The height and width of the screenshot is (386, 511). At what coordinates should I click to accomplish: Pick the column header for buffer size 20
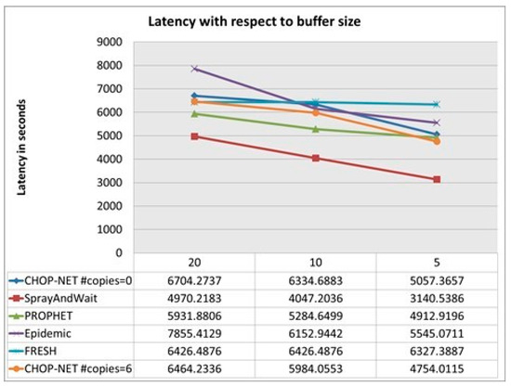click(x=193, y=264)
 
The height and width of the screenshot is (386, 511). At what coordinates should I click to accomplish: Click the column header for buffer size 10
click(x=315, y=264)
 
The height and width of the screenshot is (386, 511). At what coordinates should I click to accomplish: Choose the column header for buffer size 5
click(x=437, y=264)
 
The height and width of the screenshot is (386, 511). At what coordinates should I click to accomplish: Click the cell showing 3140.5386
click(x=437, y=299)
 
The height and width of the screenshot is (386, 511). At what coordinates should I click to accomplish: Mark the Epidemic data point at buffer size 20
click(x=194, y=69)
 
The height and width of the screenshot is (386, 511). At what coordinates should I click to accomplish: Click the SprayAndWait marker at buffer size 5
click(x=437, y=179)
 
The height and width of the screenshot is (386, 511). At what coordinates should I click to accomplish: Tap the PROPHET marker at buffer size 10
click(x=315, y=129)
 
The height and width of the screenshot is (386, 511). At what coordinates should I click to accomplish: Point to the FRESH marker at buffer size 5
click(x=437, y=104)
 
